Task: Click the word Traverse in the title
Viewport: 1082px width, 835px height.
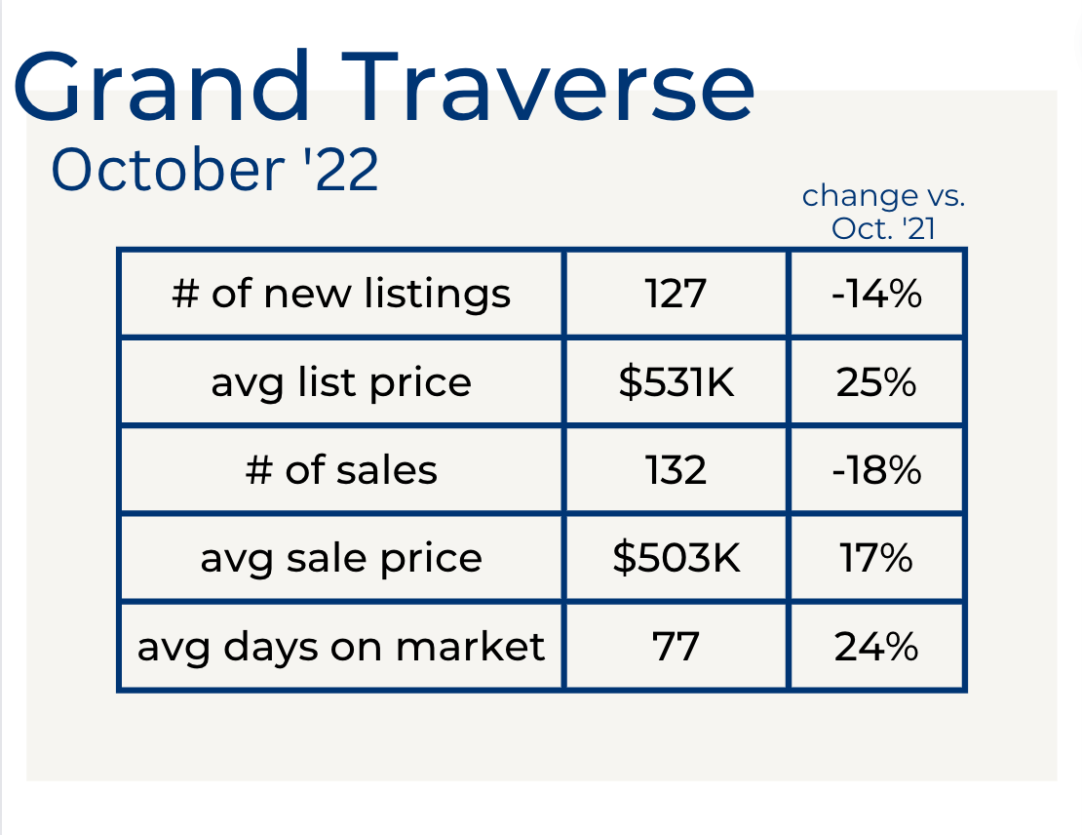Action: (549, 87)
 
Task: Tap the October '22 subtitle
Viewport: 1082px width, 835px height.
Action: (214, 169)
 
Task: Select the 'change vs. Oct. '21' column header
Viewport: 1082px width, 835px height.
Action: (883, 212)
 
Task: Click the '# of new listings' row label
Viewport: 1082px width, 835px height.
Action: (341, 295)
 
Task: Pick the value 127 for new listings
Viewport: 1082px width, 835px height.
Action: (676, 294)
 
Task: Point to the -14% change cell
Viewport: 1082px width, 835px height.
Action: (876, 294)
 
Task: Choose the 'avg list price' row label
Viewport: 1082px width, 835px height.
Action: (341, 383)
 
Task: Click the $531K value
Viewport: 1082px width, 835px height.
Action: (676, 381)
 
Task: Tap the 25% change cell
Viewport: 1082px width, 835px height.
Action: (876, 382)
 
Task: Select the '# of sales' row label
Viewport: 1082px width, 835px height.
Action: (341, 470)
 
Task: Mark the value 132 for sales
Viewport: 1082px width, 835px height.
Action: (676, 470)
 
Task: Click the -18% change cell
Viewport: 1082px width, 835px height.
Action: (876, 470)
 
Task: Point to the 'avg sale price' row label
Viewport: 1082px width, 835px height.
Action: (341, 559)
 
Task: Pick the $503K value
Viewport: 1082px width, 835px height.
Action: (676, 557)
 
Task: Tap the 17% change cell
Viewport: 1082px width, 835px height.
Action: (876, 558)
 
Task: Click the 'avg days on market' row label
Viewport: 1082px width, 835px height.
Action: (341, 648)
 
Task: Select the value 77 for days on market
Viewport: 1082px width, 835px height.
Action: (676, 647)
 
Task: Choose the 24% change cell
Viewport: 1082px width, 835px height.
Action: (876, 647)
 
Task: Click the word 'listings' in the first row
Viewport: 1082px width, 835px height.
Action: (438, 295)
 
